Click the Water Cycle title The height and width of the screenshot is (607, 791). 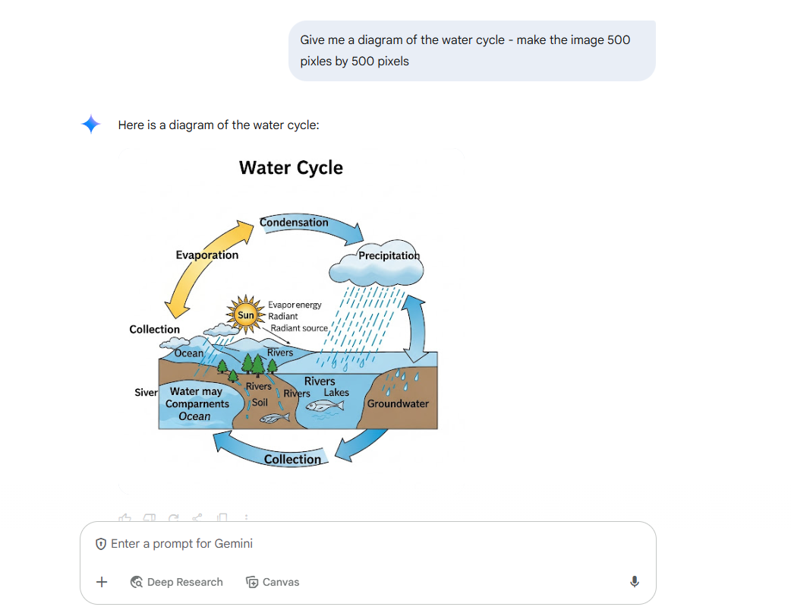point(291,168)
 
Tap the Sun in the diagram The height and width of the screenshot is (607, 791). point(246,315)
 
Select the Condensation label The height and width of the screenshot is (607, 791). point(294,222)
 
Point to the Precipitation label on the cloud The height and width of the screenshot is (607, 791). point(389,255)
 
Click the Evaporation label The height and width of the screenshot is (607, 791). point(206,255)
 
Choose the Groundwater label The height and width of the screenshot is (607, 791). point(398,403)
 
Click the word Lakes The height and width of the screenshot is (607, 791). point(336,392)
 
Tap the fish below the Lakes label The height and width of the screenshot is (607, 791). point(325,406)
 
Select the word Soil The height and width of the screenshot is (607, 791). point(260,403)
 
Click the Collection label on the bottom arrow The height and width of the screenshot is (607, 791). point(292,459)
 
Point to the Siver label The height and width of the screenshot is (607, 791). point(146,392)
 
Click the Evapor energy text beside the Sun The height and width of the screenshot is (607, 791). point(295,305)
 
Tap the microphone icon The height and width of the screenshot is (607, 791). point(635,582)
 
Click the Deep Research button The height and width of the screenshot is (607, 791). point(176,582)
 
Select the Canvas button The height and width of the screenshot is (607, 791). point(273,582)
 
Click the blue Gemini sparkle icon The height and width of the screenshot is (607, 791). point(91,124)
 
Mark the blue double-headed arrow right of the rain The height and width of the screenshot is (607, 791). point(415,328)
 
